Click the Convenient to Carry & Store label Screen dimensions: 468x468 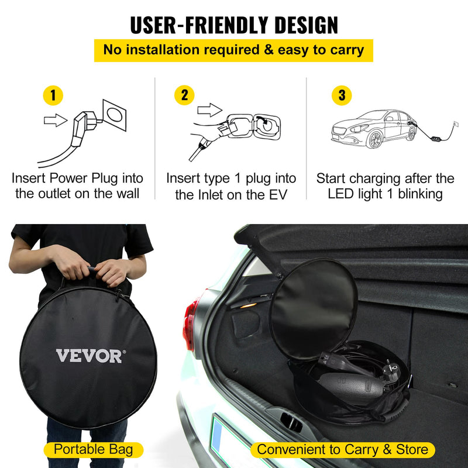point(343,450)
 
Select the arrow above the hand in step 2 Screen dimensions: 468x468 point(208,109)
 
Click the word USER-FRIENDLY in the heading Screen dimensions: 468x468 point(192,25)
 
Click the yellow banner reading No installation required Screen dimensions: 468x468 point(233,50)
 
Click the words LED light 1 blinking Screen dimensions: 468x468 point(385,194)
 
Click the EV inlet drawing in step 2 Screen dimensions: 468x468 point(266,125)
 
